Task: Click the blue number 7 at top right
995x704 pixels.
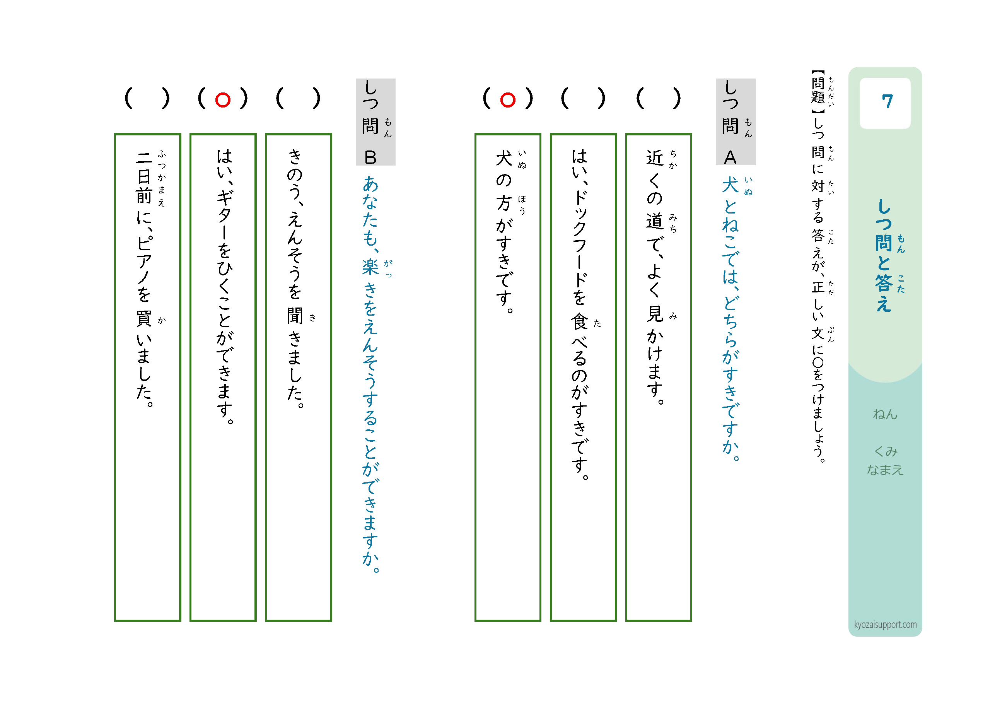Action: click(x=887, y=101)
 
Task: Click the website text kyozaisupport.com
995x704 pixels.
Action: click(x=885, y=624)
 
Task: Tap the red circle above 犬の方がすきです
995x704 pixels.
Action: click(x=507, y=100)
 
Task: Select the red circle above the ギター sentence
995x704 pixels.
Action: click(x=223, y=100)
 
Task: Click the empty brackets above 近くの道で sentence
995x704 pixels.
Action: click(x=658, y=98)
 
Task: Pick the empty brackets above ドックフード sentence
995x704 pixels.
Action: click(x=583, y=98)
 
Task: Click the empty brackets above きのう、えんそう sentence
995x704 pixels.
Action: click(x=298, y=98)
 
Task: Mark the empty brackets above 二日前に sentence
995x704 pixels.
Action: click(x=147, y=98)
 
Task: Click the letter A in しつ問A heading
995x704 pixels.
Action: click(x=730, y=157)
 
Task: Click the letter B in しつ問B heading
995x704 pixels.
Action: click(x=370, y=157)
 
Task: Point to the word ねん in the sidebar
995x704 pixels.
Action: click(x=885, y=414)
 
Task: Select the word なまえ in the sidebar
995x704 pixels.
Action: click(x=885, y=470)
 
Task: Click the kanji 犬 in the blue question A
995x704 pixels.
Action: click(x=730, y=185)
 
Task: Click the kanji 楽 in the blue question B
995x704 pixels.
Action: click(x=370, y=267)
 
